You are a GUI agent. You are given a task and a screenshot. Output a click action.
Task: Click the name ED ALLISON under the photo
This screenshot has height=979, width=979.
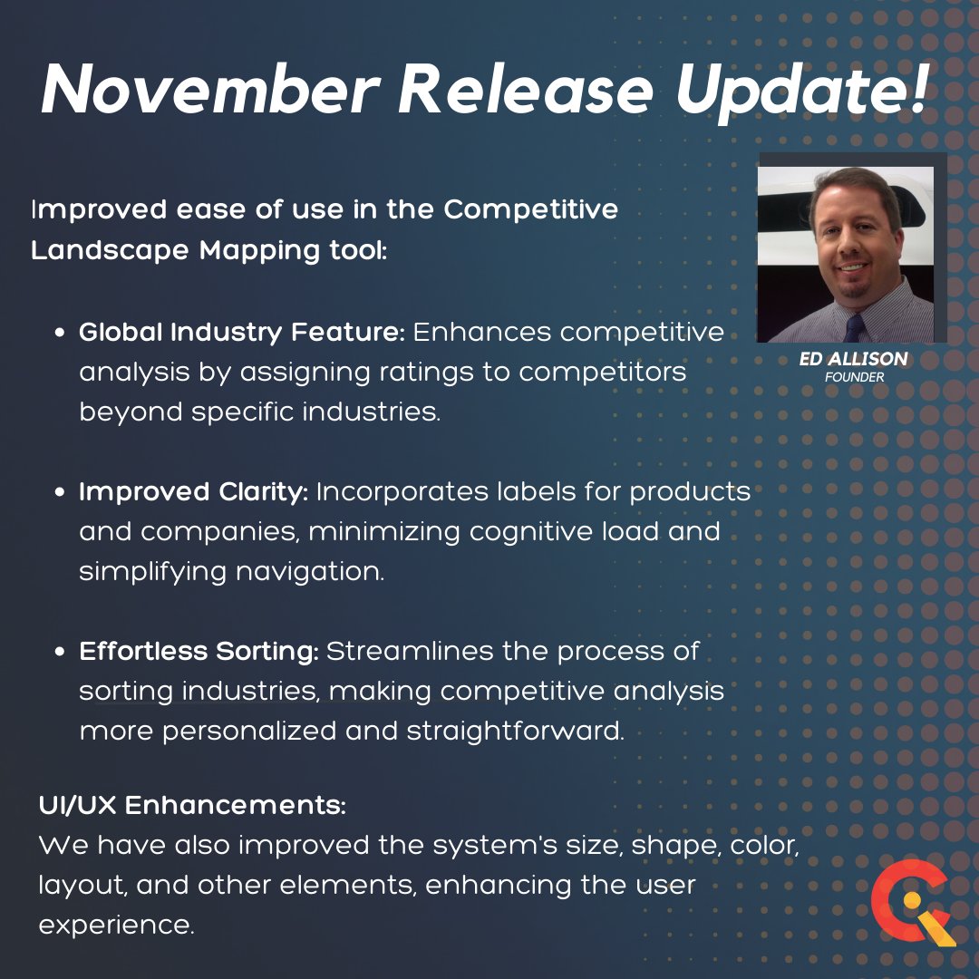(854, 360)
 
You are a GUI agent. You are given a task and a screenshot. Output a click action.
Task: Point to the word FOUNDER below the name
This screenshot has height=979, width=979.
(854, 377)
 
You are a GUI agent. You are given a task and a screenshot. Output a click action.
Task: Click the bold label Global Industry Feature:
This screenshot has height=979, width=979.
(242, 333)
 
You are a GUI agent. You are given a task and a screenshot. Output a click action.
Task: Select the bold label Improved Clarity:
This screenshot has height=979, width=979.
(194, 492)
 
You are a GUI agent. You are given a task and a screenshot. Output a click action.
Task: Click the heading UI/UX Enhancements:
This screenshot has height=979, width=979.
(193, 804)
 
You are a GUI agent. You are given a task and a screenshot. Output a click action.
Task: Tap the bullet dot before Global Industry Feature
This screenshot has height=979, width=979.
(60, 334)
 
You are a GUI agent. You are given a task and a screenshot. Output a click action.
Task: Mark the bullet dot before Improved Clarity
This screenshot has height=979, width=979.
(60, 493)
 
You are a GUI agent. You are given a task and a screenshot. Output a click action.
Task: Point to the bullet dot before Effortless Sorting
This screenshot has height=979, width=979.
(60, 653)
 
